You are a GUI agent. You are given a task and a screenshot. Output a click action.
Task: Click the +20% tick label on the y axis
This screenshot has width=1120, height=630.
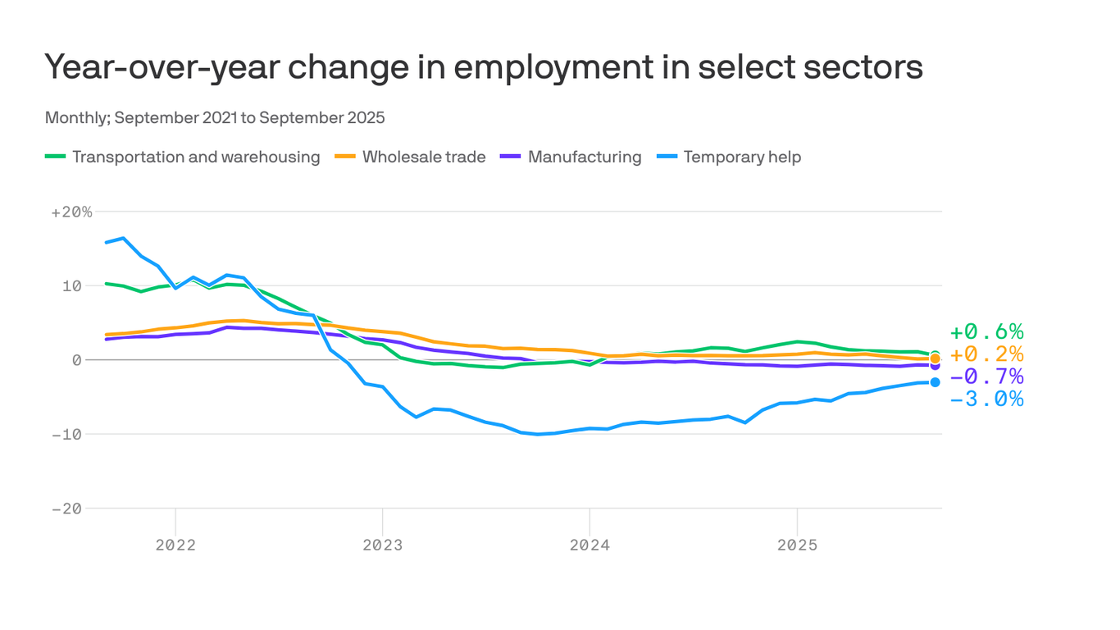[x=72, y=212]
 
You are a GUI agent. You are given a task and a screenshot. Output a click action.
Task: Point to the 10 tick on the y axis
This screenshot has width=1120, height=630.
[x=72, y=285]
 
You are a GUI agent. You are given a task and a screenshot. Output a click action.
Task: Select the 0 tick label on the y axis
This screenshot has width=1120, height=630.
[x=76, y=360]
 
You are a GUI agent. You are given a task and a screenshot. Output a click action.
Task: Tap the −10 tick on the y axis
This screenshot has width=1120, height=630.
[x=66, y=434]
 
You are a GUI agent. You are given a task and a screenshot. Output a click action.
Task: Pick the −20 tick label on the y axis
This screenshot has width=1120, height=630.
[x=66, y=509]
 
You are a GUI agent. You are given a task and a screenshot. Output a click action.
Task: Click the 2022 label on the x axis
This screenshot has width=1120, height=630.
[x=175, y=545]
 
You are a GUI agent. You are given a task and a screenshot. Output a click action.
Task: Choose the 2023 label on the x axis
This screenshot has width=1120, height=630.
[x=382, y=545]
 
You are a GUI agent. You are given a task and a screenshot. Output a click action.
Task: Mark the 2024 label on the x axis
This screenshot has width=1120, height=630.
[x=590, y=545]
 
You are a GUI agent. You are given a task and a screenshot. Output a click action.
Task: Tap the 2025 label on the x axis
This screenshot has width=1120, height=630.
[x=797, y=545]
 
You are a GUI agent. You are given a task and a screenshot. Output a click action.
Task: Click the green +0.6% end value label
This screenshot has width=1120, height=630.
[x=986, y=332]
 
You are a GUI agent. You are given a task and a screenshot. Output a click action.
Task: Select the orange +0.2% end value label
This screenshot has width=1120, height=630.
[x=986, y=354]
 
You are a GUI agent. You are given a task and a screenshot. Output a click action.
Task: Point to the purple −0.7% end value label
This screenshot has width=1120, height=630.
[x=986, y=377]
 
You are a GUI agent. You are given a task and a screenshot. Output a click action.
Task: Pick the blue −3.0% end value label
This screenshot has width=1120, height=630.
[x=986, y=399]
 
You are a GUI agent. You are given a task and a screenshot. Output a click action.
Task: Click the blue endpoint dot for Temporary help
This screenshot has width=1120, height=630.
[x=935, y=382]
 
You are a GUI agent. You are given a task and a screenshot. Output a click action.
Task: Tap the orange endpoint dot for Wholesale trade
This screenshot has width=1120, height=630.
[x=935, y=358]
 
